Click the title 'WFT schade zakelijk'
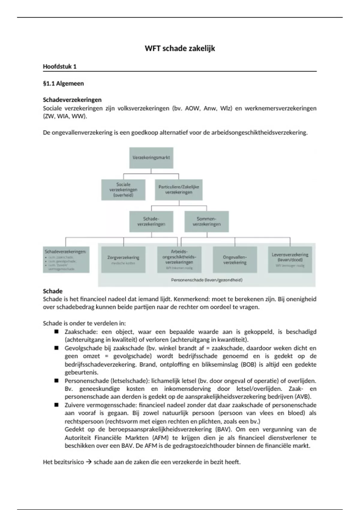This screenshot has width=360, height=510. (180, 49)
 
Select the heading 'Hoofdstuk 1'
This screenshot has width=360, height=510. (60, 67)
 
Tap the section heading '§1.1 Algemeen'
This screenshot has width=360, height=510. (63, 83)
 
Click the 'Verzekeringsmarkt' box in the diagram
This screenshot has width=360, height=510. (151, 157)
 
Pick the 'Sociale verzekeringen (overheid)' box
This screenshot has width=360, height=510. (123, 190)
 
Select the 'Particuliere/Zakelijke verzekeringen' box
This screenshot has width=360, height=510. (179, 190)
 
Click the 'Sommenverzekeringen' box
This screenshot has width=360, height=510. (206, 221)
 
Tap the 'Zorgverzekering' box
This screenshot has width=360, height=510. (123, 259)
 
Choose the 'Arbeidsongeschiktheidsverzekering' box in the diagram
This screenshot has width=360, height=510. (179, 259)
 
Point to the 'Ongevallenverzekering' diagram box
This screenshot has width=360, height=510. (235, 259)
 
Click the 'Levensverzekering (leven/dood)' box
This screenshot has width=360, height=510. (290, 259)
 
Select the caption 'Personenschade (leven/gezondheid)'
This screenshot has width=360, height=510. (207, 280)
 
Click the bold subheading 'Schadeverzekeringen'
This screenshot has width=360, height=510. (72, 100)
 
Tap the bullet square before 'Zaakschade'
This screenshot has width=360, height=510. (56, 332)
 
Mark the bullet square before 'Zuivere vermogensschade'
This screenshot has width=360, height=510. (56, 405)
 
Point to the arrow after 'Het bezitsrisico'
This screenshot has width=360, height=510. (88, 462)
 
